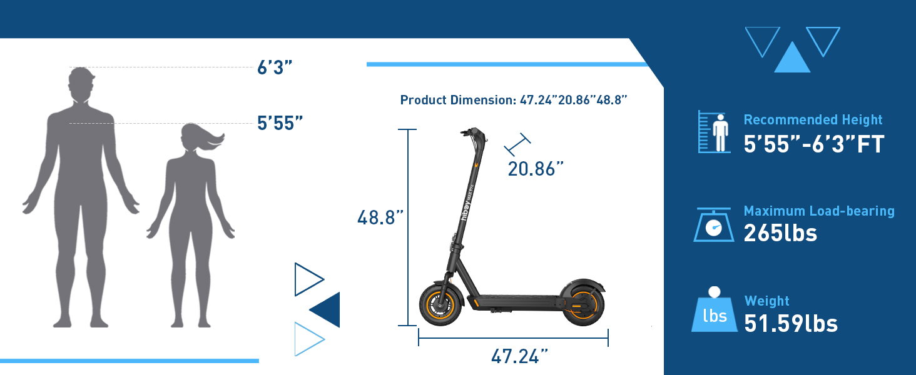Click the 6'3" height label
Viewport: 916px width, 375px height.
(275, 67)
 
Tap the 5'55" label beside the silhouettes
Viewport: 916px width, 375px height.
(280, 123)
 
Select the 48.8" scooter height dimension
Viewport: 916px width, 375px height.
(380, 217)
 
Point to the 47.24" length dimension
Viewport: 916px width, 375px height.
(519, 356)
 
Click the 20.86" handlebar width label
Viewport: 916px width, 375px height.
(536, 169)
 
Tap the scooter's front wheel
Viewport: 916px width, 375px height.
(440, 305)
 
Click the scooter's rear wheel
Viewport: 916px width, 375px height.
(583, 305)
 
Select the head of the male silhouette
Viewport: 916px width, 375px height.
(81, 84)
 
